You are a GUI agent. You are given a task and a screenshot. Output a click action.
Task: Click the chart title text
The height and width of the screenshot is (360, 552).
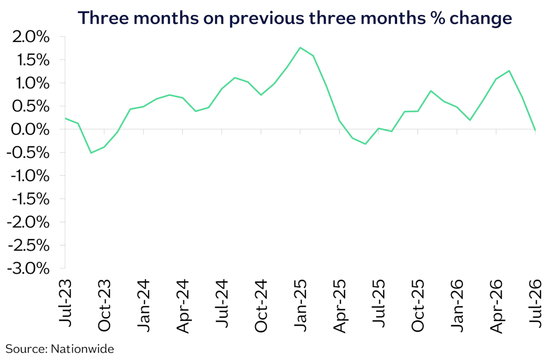click(295, 18)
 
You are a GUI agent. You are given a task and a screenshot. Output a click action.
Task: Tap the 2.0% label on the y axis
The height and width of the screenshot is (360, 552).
click(31, 37)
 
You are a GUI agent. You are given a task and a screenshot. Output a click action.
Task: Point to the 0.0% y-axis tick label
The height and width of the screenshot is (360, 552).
click(30, 130)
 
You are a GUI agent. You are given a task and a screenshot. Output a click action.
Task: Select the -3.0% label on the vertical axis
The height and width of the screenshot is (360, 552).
click(29, 269)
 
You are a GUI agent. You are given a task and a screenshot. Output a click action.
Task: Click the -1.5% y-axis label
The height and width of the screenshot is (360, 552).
click(31, 199)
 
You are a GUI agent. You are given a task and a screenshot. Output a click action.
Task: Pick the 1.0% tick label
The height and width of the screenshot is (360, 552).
click(33, 84)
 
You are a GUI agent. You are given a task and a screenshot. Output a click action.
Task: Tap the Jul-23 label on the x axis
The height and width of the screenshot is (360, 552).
click(65, 303)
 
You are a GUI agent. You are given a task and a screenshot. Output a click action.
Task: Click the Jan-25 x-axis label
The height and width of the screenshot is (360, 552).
click(301, 305)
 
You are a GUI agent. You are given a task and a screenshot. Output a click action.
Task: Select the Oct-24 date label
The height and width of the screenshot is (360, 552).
click(261, 306)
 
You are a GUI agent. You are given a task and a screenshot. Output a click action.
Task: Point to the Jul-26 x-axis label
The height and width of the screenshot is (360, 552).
click(536, 303)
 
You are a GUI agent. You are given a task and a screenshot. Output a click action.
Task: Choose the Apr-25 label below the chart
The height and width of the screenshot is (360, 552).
click(340, 306)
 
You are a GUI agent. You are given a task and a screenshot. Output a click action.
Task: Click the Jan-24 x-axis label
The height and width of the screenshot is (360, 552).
click(144, 305)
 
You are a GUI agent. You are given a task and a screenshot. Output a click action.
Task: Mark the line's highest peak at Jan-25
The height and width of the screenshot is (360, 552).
click(300, 47)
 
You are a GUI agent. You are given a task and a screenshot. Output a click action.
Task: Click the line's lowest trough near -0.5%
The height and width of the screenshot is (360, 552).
click(91, 153)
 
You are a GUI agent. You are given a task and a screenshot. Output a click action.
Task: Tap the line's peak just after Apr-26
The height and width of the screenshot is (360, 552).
click(509, 71)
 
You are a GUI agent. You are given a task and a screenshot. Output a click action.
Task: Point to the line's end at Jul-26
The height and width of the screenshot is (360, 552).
click(535, 130)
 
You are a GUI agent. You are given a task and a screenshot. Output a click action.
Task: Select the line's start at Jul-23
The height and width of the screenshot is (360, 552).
click(65, 118)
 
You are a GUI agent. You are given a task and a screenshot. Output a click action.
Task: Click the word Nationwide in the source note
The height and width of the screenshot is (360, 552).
click(82, 349)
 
